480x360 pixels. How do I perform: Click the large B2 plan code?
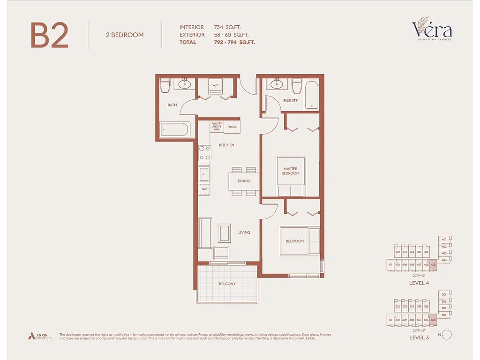pyautogui.click(x=50, y=36)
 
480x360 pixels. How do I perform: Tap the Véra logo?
pyautogui.click(x=432, y=30)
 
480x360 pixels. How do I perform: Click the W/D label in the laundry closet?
pyautogui.click(x=215, y=86)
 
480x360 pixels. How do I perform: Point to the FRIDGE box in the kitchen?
pyautogui.click(x=232, y=127)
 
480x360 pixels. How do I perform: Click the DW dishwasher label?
pyautogui.click(x=204, y=189)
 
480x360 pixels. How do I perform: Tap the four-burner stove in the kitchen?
pyautogui.click(x=205, y=153)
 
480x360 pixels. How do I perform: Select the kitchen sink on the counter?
pyautogui.click(x=204, y=174)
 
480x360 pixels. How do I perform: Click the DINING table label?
pyautogui.click(x=244, y=181)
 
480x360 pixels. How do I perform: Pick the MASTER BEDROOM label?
pyautogui.click(x=290, y=171)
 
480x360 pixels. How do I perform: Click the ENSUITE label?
pyautogui.click(x=290, y=101)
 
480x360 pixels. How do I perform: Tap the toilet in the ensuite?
pyautogui.click(x=296, y=86)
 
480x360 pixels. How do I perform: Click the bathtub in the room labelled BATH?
pyautogui.click(x=174, y=129)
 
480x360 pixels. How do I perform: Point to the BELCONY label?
pyautogui.click(x=227, y=284)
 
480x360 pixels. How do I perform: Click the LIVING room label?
pyautogui.click(x=244, y=232)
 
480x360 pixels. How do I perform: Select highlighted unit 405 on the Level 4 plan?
pyautogui.click(x=433, y=265)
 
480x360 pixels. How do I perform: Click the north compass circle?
pyautogui.click(x=447, y=335)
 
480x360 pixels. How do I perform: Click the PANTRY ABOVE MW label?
pyautogui.click(x=216, y=127)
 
